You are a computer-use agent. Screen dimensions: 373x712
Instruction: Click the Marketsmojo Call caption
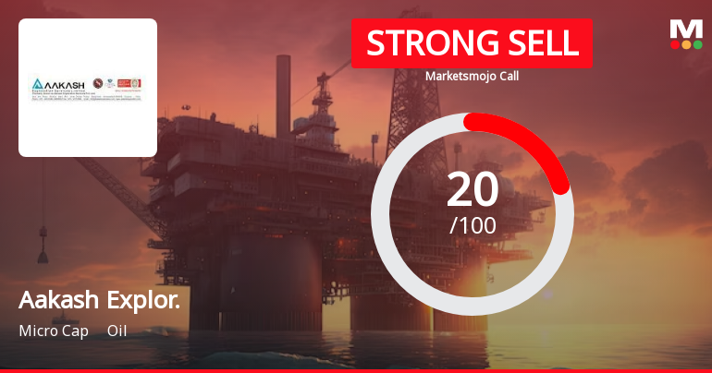[x=472, y=76]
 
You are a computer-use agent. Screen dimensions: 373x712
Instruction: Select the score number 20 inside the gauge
[x=473, y=190]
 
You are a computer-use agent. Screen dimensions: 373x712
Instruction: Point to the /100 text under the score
[x=473, y=224]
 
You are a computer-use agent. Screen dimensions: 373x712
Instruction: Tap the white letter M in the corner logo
[x=686, y=29]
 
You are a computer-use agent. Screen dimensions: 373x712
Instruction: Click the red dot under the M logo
[x=675, y=44]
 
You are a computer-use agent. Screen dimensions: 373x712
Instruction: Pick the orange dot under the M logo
[x=686, y=44]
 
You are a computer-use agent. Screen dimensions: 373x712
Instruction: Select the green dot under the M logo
[x=697, y=44]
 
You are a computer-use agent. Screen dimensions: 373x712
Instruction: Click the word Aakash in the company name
[x=57, y=300]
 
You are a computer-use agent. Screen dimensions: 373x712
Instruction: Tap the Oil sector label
[x=117, y=330]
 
